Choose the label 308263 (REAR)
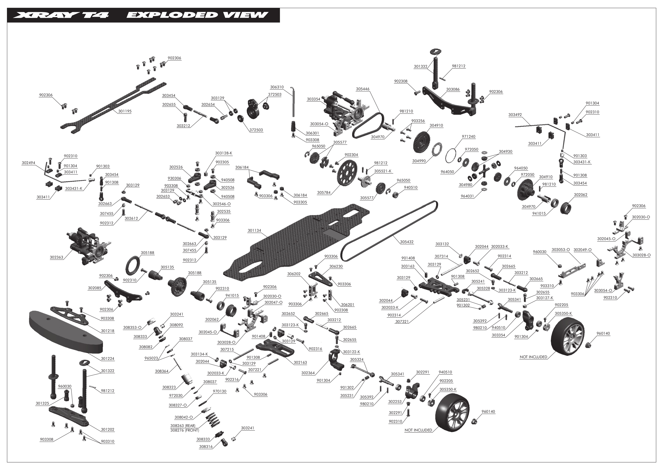click(183, 426)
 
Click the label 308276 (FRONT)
click(185, 430)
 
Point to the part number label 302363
click(56, 257)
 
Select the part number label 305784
click(324, 193)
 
